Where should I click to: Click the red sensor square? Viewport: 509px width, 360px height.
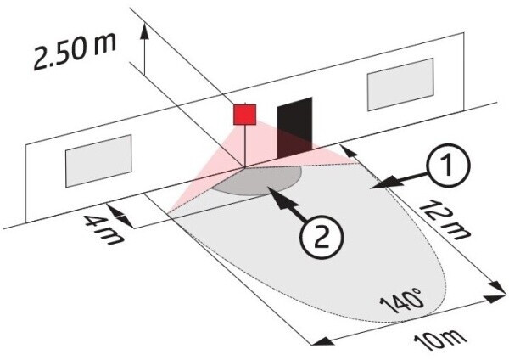point(245,115)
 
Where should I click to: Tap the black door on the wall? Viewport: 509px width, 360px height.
point(294,127)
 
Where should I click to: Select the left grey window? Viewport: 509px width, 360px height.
point(98,160)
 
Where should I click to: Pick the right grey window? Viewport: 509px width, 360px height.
point(400,84)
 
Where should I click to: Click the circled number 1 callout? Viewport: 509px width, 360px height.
point(448,166)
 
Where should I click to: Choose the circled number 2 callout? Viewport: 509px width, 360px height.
point(321,239)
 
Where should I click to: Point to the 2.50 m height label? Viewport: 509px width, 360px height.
point(74,52)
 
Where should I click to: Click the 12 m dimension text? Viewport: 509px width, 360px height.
point(444,220)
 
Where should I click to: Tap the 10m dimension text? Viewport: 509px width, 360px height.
point(440,341)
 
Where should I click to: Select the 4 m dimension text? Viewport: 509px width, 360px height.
point(103,230)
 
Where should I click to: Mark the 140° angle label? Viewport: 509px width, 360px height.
point(402,300)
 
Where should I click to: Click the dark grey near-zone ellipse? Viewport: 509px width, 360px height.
point(256,181)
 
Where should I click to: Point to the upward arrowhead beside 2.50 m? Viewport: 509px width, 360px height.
point(144,31)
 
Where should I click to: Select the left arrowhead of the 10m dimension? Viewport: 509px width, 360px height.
point(322,341)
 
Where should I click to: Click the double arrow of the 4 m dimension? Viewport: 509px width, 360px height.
point(120,216)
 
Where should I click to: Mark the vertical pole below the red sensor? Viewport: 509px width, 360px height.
point(245,146)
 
